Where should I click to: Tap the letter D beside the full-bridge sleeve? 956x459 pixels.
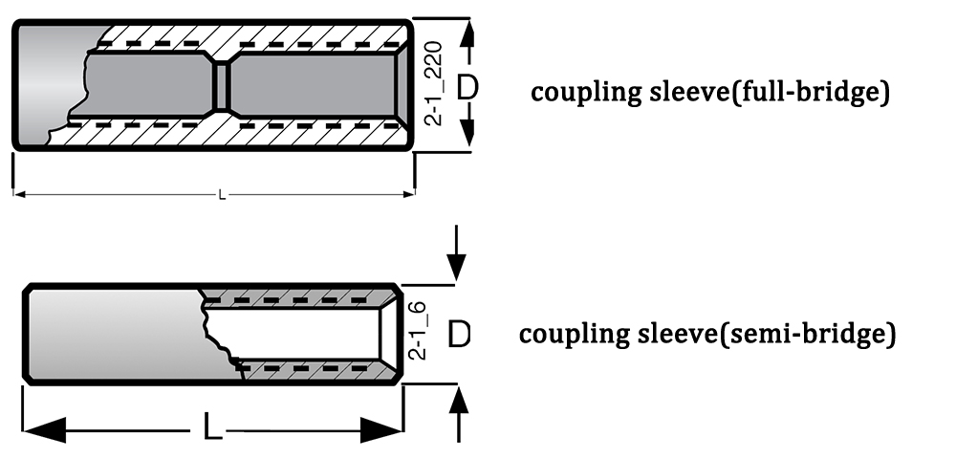coord(467,87)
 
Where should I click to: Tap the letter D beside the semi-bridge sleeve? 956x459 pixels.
coord(459,335)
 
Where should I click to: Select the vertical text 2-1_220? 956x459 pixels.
coord(434,83)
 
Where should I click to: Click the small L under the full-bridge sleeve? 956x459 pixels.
coord(222,196)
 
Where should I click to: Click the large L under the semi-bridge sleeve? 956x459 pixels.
coord(212,426)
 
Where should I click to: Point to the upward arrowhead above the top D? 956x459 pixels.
coord(467,34)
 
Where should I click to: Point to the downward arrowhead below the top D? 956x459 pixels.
coord(467,130)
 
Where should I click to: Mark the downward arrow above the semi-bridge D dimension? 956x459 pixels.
coord(456,253)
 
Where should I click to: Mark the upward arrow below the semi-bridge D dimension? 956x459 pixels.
coord(459,414)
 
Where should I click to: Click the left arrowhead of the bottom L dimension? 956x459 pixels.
coord(45,429)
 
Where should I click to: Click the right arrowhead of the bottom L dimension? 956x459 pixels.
coord(381,429)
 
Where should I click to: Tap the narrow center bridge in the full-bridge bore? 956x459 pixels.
coord(222,84)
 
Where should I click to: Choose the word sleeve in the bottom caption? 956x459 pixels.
coord(680,334)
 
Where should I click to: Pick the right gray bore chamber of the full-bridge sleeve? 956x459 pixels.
coord(313,84)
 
